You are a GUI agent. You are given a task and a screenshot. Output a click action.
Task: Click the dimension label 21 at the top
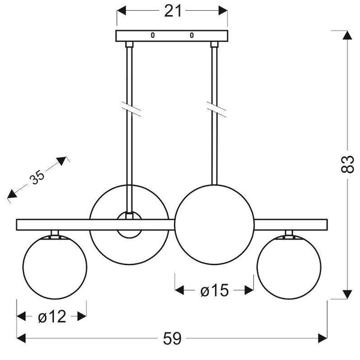click(x=173, y=11)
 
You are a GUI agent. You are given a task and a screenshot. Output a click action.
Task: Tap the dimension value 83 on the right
click(x=347, y=164)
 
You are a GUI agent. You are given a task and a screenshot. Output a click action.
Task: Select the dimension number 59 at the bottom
click(x=172, y=338)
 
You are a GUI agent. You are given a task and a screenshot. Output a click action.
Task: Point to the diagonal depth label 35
click(x=37, y=177)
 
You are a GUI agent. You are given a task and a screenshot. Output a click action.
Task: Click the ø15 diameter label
click(x=214, y=290)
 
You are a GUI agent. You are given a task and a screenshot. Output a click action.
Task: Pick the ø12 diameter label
click(x=52, y=317)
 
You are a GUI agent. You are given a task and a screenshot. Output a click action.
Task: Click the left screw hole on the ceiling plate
click(x=152, y=35)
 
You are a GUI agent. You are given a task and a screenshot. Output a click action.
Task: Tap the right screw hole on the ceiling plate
click(x=192, y=35)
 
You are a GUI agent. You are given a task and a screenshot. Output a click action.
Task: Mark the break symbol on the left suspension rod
click(x=131, y=109)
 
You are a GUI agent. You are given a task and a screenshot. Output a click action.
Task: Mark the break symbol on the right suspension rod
click(x=216, y=109)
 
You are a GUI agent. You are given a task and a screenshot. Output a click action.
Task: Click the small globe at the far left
click(x=55, y=267)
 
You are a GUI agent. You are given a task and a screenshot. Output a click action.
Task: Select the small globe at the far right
click(x=289, y=267)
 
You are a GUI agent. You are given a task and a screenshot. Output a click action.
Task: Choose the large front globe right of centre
click(x=214, y=225)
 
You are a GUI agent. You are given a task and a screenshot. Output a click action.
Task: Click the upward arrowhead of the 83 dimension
click(x=347, y=35)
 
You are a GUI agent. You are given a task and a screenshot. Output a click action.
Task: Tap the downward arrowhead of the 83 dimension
click(x=347, y=295)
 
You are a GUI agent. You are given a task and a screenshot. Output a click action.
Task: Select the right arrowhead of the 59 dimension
click(x=323, y=338)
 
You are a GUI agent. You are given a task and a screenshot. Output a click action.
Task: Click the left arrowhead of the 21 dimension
click(x=121, y=11)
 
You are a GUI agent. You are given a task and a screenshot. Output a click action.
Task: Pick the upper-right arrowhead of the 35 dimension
click(x=62, y=161)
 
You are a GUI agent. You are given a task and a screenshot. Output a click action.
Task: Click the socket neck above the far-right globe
click(x=289, y=233)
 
